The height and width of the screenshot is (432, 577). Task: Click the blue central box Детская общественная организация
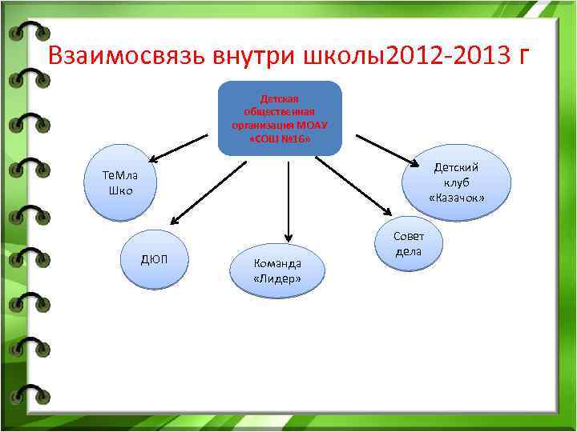(280, 118)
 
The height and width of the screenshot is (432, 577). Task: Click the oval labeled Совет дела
(408, 243)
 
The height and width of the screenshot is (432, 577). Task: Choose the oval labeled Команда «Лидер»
(277, 270)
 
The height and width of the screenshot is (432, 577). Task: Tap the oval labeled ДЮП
(155, 259)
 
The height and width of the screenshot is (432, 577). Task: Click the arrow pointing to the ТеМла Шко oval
(180, 147)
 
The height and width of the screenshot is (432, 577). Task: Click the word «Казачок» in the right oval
(457, 198)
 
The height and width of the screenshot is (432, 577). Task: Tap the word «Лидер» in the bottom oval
(277, 278)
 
